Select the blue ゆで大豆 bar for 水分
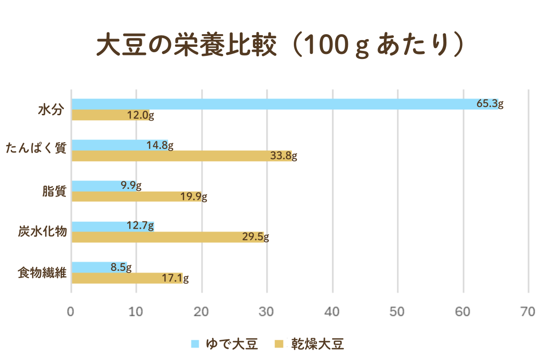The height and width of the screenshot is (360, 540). [270, 104]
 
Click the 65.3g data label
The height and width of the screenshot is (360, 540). [490, 104]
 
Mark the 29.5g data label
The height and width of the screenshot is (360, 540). [255, 237]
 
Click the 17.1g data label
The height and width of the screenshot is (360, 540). [175, 279]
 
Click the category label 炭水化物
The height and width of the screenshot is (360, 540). [43, 232]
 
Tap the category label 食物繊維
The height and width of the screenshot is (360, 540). [43, 273]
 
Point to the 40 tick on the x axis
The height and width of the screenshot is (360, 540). [333, 311]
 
